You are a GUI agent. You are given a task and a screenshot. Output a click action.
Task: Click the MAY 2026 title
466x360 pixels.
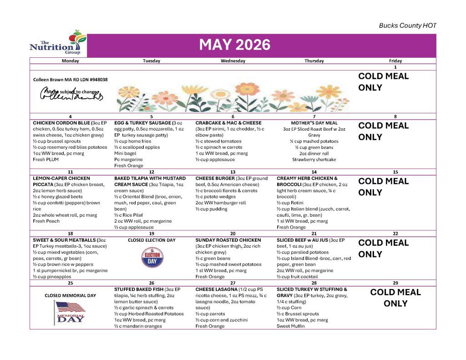(x=234, y=45)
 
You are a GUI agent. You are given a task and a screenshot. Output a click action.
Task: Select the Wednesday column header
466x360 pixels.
(x=233, y=61)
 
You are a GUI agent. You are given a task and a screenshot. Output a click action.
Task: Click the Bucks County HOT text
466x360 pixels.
(x=407, y=26)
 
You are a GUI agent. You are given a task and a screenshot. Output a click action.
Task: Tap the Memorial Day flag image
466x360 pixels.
(x=70, y=312)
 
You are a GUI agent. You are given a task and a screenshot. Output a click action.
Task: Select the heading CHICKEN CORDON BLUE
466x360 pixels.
(x=61, y=123)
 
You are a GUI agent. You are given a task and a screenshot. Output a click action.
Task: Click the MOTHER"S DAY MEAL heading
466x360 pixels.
(x=314, y=123)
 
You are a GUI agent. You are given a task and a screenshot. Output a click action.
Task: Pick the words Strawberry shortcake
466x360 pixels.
(x=314, y=160)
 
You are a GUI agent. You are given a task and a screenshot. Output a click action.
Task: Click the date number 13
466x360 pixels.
(x=233, y=172)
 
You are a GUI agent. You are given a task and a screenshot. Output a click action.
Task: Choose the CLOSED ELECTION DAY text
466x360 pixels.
(x=151, y=240)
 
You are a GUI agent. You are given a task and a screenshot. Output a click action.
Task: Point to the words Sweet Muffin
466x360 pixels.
(x=291, y=326)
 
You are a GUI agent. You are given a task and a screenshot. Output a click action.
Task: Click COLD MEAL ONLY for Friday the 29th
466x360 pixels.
(x=395, y=298)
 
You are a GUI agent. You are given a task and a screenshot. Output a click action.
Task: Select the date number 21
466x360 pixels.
(x=314, y=233)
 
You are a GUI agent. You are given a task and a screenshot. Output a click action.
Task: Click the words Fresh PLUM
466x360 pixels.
(x=46, y=160)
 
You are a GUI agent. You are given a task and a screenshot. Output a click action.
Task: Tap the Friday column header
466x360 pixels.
(x=395, y=61)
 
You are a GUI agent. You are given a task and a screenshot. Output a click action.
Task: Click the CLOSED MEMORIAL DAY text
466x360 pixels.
(x=70, y=295)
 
